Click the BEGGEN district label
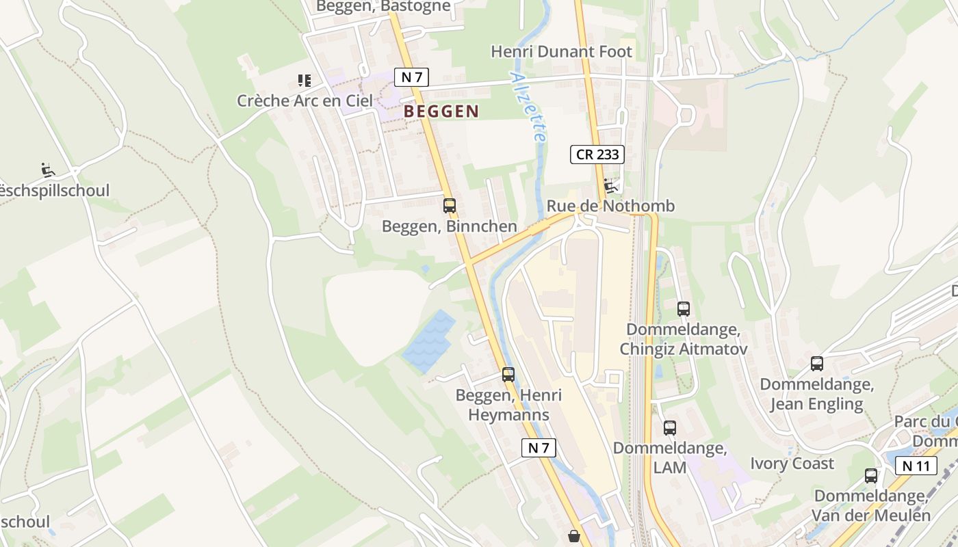[x=441, y=111]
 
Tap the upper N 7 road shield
[x=411, y=77]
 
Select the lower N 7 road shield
[x=539, y=448]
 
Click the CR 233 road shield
[x=597, y=155]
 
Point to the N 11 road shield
[x=916, y=466]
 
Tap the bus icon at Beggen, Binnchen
[x=449, y=205]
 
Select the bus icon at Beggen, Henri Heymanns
[x=508, y=374]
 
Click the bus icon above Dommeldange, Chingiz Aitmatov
[x=683, y=308]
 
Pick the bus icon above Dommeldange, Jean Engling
[x=816, y=363]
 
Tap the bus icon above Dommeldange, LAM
[x=669, y=428]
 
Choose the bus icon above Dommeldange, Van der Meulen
[x=870, y=475]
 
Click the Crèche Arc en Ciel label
[x=305, y=101]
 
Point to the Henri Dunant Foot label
[x=562, y=51]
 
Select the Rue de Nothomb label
[x=610, y=206]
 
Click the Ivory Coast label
[x=792, y=464]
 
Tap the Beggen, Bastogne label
[x=383, y=6]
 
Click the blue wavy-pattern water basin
[x=429, y=341]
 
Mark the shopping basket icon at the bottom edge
[x=573, y=536]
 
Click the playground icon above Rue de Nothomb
[x=610, y=185]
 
